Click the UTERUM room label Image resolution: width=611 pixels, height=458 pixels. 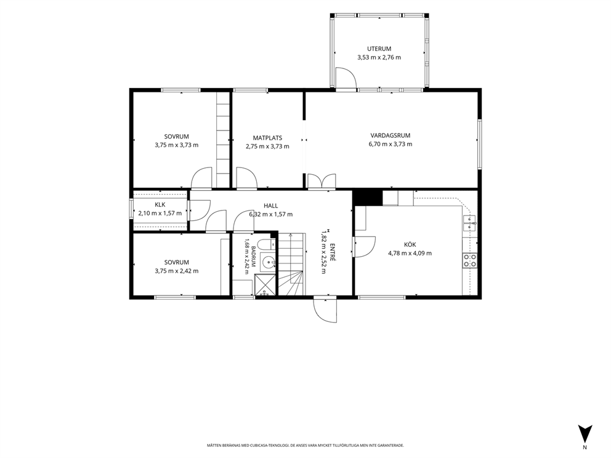pyautogui.click(x=379, y=49)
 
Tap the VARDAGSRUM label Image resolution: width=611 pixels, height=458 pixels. pyautogui.click(x=390, y=135)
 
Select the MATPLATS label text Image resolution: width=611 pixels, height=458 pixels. pyautogui.click(x=267, y=138)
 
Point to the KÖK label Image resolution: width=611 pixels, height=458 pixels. pyautogui.click(x=410, y=244)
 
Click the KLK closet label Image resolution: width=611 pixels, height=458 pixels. pyautogui.click(x=160, y=205)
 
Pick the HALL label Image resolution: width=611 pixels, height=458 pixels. pyautogui.click(x=271, y=206)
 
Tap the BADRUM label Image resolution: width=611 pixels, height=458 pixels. pyautogui.click(x=253, y=256)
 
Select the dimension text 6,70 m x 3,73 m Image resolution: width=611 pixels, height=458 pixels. pyautogui.click(x=390, y=144)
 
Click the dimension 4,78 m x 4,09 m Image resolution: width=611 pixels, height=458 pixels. pyautogui.click(x=410, y=253)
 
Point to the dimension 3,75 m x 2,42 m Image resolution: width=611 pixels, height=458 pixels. pyautogui.click(x=177, y=271)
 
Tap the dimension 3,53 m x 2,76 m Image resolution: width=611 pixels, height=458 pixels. pyautogui.click(x=379, y=58)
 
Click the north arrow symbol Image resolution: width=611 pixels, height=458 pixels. pyautogui.click(x=585, y=433)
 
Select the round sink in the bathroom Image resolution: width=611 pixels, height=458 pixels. pyautogui.click(x=268, y=262)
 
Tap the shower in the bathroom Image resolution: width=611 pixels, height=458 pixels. pyautogui.click(x=265, y=286)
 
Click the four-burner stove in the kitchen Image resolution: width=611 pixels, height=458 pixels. pyautogui.click(x=469, y=260)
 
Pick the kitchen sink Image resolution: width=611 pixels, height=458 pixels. pyautogui.click(x=469, y=223)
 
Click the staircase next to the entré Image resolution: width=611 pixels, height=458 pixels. pyautogui.click(x=291, y=264)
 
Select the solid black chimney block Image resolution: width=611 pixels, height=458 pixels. pyautogui.click(x=368, y=198)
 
